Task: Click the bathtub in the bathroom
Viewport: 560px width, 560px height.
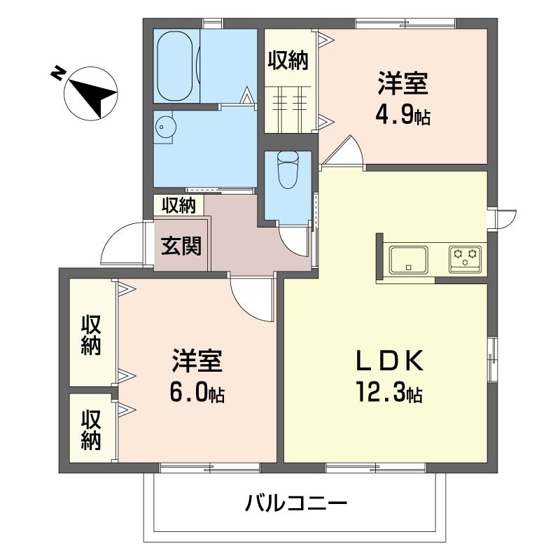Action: tap(174, 66)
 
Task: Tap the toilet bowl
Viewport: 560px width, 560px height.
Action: tap(288, 169)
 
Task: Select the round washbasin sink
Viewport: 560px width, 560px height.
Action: tap(165, 127)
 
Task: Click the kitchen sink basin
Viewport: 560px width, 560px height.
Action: tap(409, 259)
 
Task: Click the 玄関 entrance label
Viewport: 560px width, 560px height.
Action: tap(181, 246)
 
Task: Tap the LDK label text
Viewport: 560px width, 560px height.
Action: tap(390, 360)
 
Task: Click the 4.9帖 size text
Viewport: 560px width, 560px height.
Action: tap(403, 113)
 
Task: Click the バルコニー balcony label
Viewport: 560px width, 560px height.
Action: tap(296, 503)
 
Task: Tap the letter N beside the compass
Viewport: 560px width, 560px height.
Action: tap(58, 74)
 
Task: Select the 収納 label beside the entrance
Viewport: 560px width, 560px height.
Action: tap(178, 205)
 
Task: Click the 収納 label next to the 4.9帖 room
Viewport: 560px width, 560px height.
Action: tap(288, 60)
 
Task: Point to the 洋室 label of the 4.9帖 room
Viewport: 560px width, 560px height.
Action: tap(403, 83)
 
